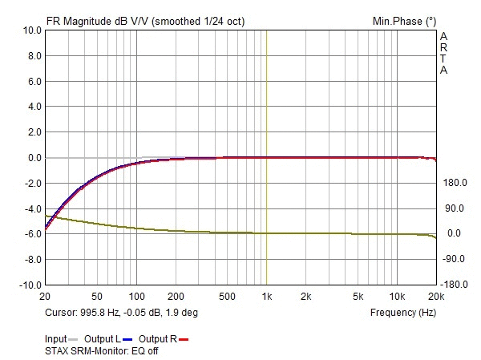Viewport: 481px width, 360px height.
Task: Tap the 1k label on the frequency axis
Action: (267, 296)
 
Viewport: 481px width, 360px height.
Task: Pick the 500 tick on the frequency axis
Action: (227, 296)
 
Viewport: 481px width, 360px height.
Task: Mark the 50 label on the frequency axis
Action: (97, 296)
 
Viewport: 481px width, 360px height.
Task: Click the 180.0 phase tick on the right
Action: (453, 184)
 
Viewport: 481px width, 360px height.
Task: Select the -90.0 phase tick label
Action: (453, 259)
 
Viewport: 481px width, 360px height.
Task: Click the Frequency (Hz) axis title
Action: (402, 312)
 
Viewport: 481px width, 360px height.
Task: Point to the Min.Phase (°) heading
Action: (404, 20)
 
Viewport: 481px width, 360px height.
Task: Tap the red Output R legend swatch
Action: (183, 340)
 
